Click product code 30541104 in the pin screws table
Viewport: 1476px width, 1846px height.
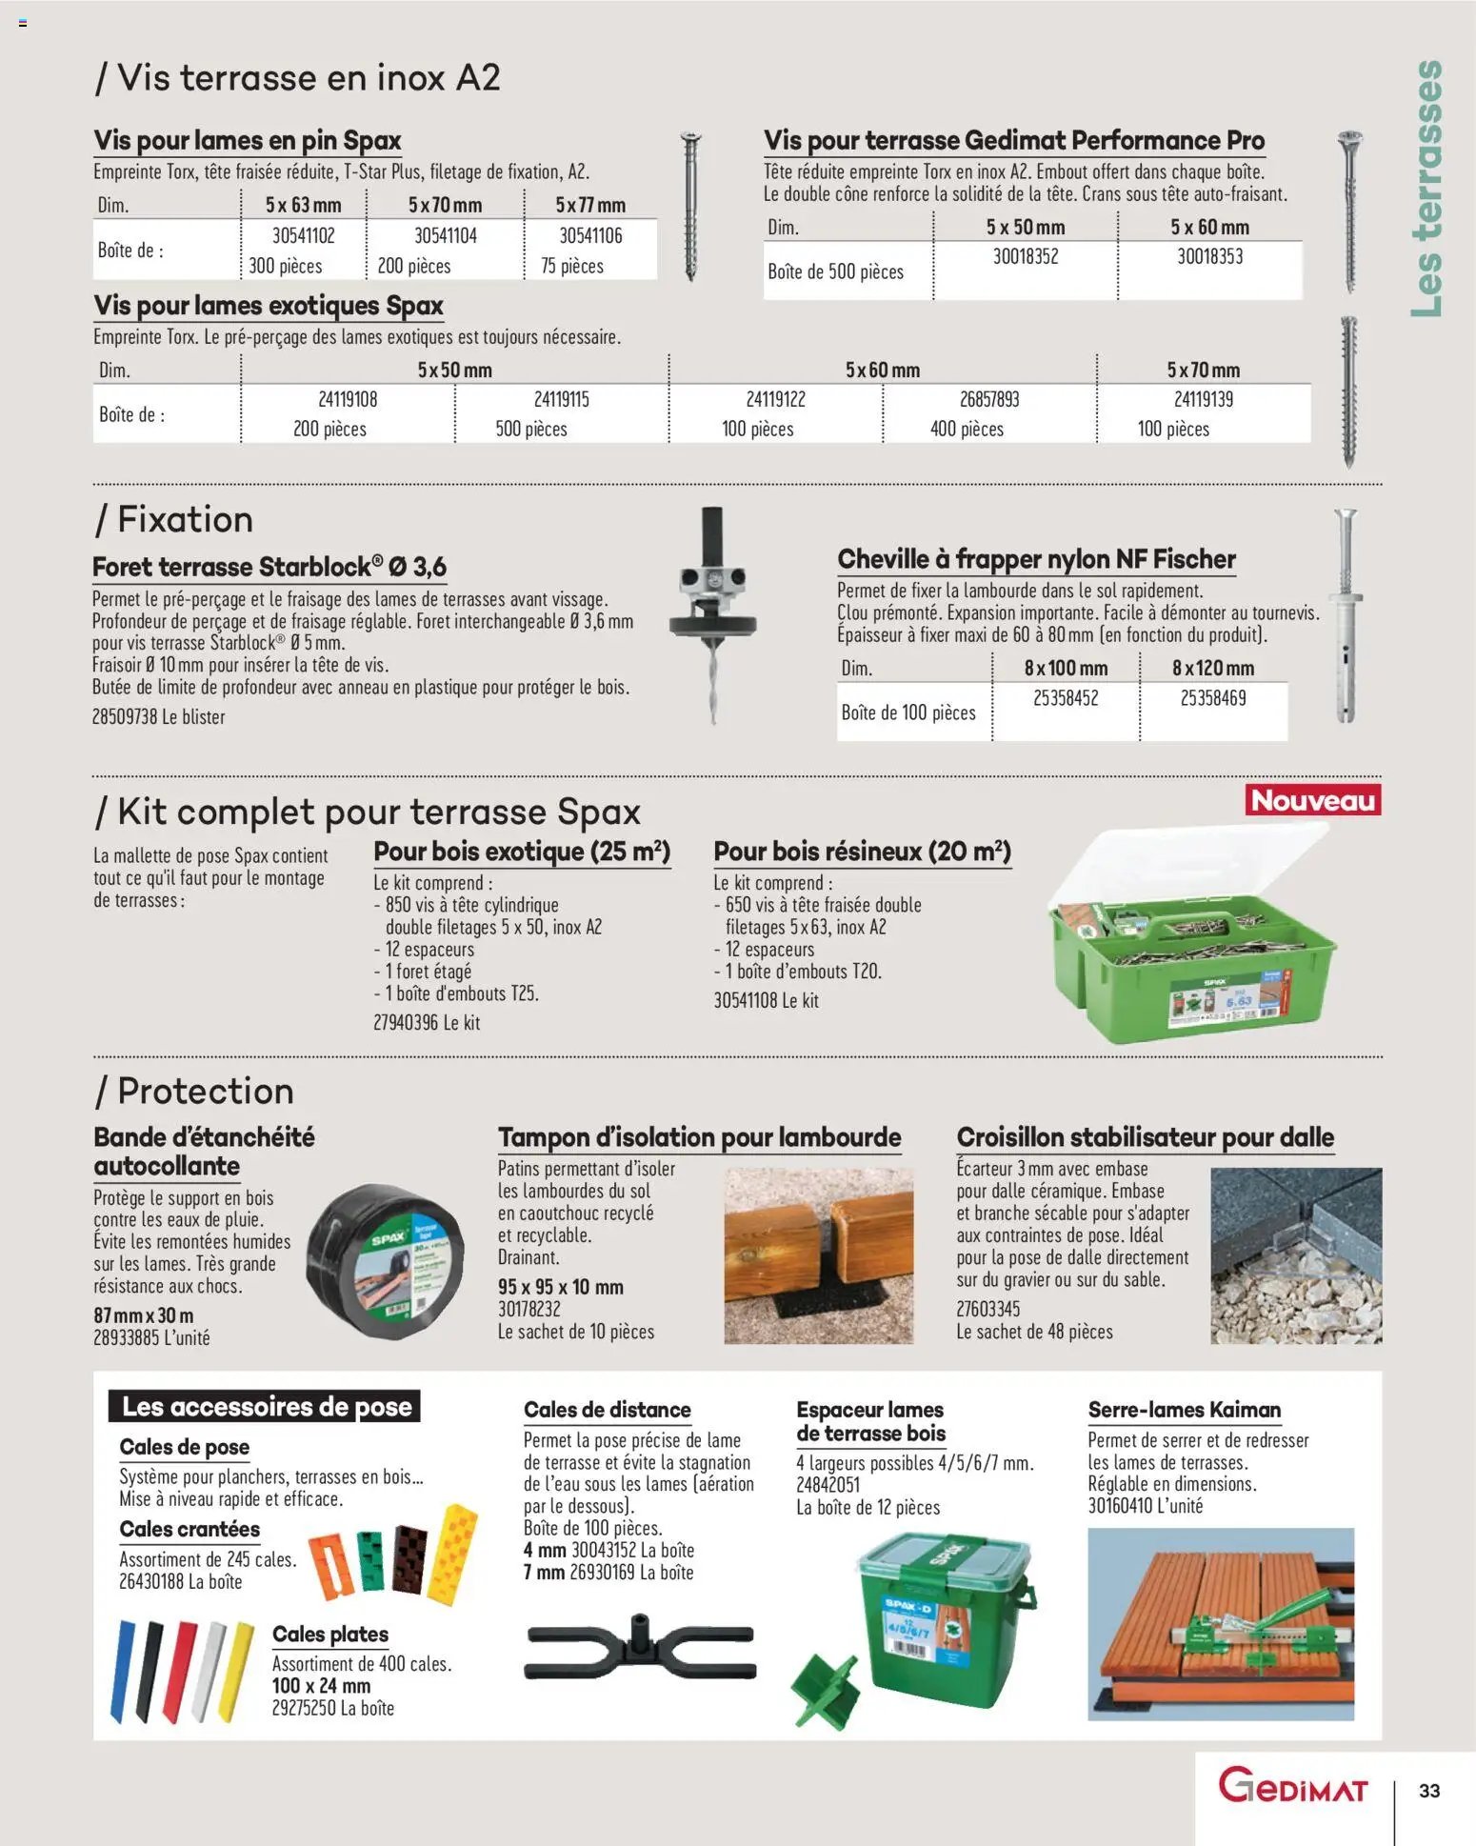click(445, 235)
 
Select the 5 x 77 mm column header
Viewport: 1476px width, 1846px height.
click(590, 205)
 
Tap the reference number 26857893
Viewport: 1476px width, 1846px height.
click(988, 399)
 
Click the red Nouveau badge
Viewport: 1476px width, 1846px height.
click(1312, 800)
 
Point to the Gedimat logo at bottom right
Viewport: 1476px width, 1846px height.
click(1292, 1786)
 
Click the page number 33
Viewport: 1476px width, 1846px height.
click(1428, 1791)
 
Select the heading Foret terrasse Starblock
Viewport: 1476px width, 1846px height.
click(269, 567)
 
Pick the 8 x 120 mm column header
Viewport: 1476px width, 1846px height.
click(1212, 668)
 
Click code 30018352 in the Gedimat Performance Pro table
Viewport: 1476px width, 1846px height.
click(1026, 256)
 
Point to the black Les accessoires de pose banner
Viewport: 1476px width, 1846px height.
click(266, 1406)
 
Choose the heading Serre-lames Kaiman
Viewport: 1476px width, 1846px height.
click(1184, 1410)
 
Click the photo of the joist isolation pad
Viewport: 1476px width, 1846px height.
click(818, 1255)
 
